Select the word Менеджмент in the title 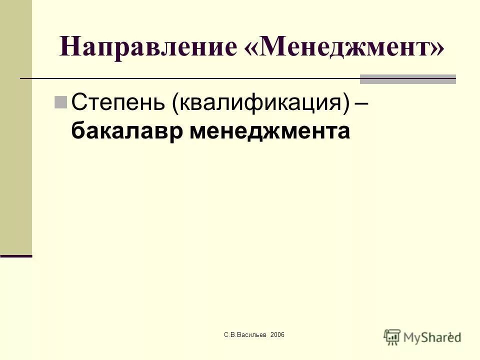tap(345, 47)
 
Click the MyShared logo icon tap(392, 336)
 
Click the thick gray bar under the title tap(408, 79)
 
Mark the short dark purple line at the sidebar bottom tap(16, 255)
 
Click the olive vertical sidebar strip tap(15, 125)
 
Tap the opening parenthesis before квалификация tap(175, 103)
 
